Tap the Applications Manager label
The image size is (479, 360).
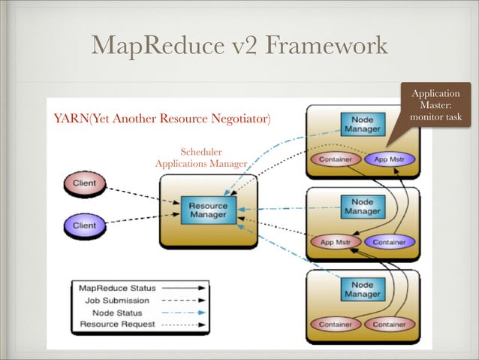coord(200,164)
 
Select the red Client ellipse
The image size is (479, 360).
coord(84,184)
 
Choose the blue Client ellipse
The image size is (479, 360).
coord(84,225)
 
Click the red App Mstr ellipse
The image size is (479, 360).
coord(337,242)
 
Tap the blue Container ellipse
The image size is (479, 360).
coord(389,242)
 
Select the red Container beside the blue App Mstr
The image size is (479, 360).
coord(337,159)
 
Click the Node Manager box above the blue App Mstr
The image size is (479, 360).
coord(363,125)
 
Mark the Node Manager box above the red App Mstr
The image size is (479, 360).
coord(363,207)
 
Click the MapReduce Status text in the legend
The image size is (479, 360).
coord(117,288)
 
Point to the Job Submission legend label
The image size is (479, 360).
coord(117,300)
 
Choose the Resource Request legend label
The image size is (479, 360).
coord(117,325)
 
